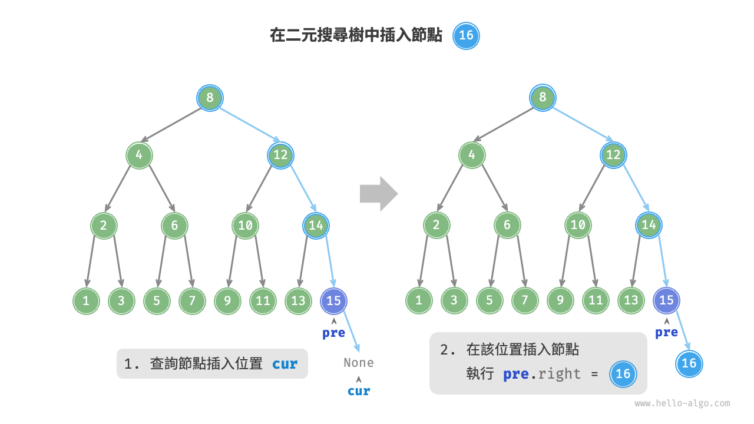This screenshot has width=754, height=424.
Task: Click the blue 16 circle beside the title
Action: click(466, 35)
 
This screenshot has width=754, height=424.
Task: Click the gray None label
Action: click(359, 363)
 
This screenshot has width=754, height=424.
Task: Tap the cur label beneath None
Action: click(359, 391)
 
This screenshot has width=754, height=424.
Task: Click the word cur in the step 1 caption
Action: click(285, 364)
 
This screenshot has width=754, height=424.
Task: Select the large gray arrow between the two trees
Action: click(379, 193)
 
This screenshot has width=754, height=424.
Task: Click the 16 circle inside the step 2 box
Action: click(623, 374)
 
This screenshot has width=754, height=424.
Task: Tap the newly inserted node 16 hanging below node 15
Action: click(689, 363)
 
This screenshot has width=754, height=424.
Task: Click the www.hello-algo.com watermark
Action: click(682, 403)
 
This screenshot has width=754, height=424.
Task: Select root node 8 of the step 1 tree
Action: click(210, 97)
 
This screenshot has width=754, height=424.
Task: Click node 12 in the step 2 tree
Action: click(613, 155)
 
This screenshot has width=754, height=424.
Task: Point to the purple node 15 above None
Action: click(334, 301)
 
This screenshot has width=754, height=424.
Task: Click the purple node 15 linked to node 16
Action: click(666, 300)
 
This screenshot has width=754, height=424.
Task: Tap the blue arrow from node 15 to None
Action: click(350, 332)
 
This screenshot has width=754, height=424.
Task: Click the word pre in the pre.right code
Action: click(515, 374)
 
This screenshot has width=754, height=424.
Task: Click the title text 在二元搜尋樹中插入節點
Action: click(356, 36)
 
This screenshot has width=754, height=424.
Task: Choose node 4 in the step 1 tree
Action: click(140, 155)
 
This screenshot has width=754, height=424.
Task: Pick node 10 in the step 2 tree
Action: click(578, 225)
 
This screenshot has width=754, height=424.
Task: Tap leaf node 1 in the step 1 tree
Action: click(87, 301)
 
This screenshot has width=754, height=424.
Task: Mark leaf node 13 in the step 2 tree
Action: click(631, 300)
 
